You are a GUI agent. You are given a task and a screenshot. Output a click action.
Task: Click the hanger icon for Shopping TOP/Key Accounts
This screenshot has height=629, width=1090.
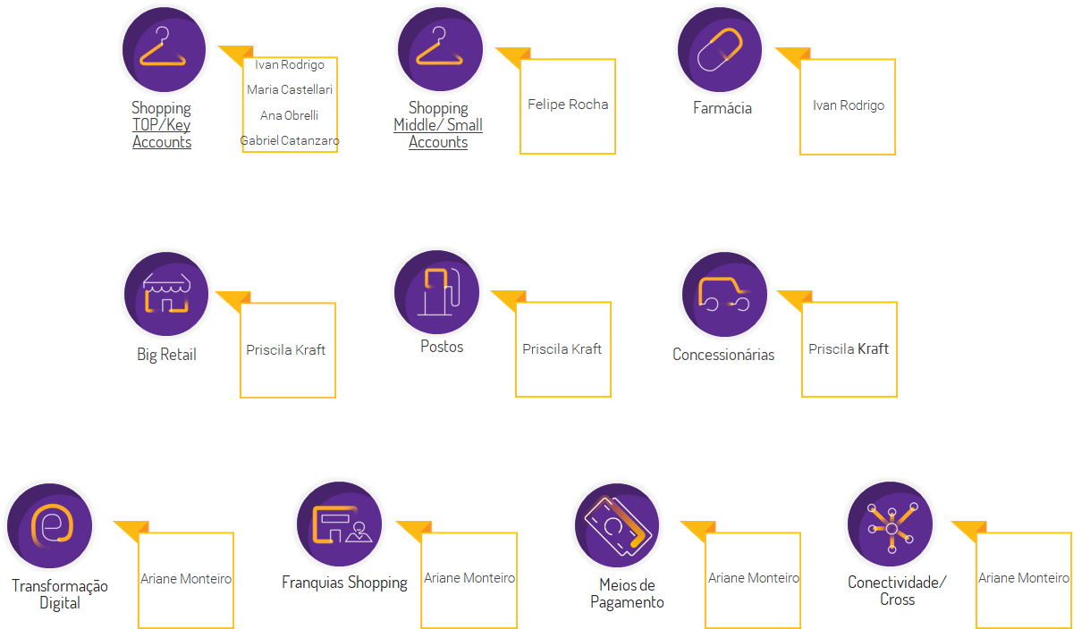(164, 49)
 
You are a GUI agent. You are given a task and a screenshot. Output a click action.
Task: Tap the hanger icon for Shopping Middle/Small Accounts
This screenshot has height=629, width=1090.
(440, 49)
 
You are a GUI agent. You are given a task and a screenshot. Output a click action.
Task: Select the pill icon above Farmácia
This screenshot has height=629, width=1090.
(720, 49)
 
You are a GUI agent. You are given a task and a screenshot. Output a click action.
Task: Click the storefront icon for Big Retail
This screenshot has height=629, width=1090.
(166, 294)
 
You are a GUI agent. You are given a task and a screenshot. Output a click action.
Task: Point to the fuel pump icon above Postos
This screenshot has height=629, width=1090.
(437, 292)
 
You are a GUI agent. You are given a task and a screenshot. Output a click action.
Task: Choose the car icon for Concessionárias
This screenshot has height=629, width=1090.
(724, 294)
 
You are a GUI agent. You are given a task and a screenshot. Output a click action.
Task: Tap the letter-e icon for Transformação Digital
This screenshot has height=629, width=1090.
(49, 525)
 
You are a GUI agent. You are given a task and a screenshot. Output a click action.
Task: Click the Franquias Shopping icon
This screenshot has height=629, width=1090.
(340, 524)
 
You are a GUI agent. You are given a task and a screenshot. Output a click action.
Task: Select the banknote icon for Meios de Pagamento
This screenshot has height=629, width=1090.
(617, 525)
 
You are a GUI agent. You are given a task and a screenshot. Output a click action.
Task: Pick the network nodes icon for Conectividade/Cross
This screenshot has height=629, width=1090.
(890, 524)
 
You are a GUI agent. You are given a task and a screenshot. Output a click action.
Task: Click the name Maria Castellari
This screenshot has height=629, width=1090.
(290, 89)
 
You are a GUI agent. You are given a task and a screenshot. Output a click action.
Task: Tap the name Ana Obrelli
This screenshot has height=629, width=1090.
(289, 115)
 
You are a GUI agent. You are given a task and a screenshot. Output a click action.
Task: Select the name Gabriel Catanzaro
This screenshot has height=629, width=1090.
(290, 141)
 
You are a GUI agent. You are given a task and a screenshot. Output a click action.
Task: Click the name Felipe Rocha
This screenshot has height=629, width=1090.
(568, 105)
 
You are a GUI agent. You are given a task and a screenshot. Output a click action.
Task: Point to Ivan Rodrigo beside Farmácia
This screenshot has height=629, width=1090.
(848, 105)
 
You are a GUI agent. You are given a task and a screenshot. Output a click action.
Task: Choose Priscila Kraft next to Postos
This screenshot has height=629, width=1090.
(562, 349)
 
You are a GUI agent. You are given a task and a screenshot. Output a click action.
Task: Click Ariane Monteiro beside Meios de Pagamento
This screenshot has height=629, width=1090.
(754, 578)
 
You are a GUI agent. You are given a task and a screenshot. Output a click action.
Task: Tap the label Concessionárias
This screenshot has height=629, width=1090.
(723, 355)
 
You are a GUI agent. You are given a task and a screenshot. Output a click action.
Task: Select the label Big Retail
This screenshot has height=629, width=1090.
(166, 355)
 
